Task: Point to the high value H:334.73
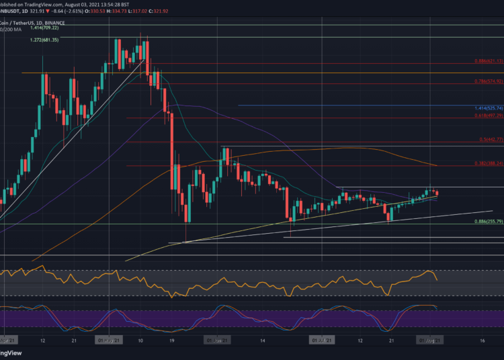(145, 13)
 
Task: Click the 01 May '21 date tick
(108, 340)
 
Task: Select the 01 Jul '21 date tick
(321, 340)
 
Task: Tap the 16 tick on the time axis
(482, 340)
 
